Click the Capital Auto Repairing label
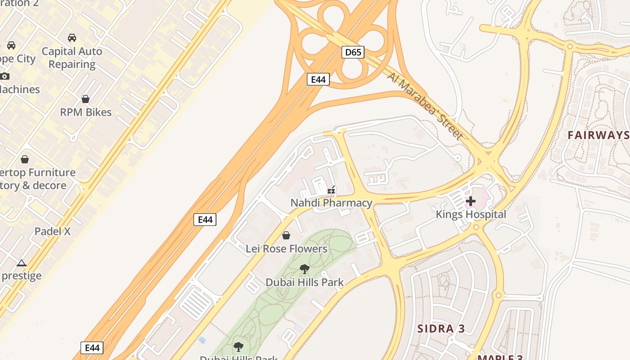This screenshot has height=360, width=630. pyautogui.click(x=72, y=58)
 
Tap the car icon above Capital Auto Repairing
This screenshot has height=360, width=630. pyautogui.click(x=72, y=38)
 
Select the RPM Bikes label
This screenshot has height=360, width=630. pyautogui.click(x=85, y=112)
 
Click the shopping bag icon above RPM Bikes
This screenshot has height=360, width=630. pyautogui.click(x=85, y=99)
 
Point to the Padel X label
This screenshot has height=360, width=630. pyautogui.click(x=53, y=232)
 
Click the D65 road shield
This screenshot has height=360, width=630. pyautogui.click(x=353, y=52)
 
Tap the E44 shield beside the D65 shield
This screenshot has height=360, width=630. pyautogui.click(x=318, y=79)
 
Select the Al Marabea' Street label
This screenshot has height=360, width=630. pyautogui.click(x=425, y=106)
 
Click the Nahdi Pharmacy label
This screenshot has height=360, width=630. pyautogui.click(x=331, y=203)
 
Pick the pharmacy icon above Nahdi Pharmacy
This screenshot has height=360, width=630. pyautogui.click(x=332, y=190)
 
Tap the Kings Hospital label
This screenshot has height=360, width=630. pyautogui.click(x=471, y=214)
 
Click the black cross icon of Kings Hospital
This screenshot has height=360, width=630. pyautogui.click(x=471, y=201)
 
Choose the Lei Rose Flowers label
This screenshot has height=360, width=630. pyautogui.click(x=286, y=248)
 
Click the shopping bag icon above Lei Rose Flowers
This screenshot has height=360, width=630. pyautogui.click(x=286, y=235)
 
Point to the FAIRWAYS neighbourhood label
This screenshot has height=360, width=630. pyautogui.click(x=598, y=135)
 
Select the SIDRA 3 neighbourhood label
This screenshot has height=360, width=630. pyautogui.click(x=441, y=328)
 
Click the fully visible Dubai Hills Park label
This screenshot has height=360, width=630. pyautogui.click(x=305, y=283)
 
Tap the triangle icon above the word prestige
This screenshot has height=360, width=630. pyautogui.click(x=21, y=263)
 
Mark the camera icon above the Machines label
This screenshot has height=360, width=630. pyautogui.click(x=4, y=76)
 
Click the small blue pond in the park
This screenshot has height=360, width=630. pyautogui.click(x=202, y=340)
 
